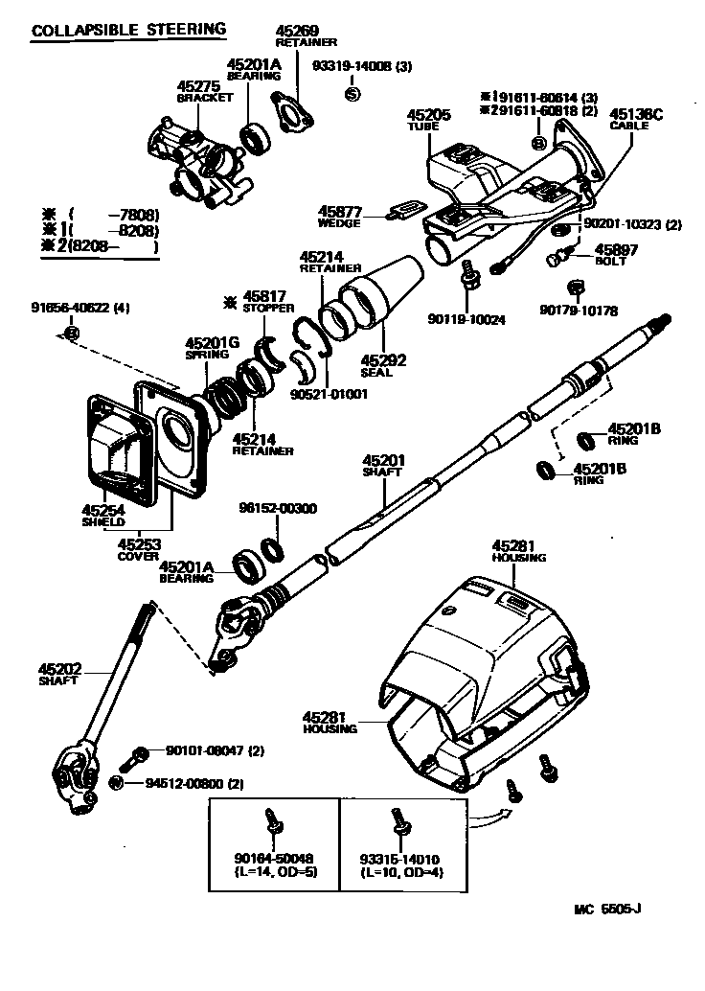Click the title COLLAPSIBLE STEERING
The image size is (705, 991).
(x=128, y=30)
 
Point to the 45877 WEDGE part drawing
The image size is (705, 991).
(x=404, y=209)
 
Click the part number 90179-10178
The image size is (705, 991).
(x=578, y=311)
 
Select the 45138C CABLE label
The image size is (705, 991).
(x=636, y=119)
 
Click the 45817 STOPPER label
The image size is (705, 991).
(x=262, y=302)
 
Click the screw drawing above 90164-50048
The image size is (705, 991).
(x=272, y=820)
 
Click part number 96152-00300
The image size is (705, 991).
(x=278, y=508)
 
